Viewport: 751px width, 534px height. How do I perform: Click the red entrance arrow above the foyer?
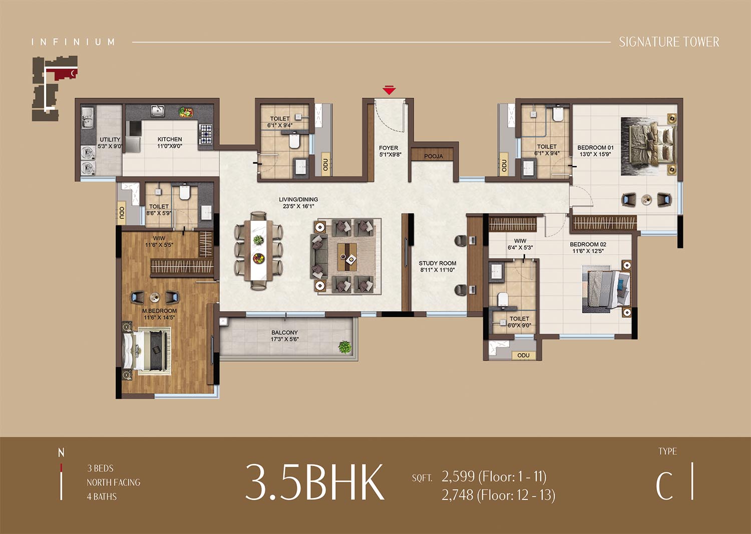pos(389,90)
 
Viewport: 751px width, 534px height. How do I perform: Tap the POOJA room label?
pos(434,156)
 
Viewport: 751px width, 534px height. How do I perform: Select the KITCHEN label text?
pos(170,139)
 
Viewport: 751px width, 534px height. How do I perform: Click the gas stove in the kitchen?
pos(205,132)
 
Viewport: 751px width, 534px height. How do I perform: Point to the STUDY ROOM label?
pos(437,263)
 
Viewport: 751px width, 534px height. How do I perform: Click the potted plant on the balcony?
pos(344,347)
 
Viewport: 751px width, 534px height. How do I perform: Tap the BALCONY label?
pos(284,333)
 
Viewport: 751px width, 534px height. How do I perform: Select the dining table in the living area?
pos(258,250)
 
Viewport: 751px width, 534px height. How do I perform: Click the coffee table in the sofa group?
pos(346,256)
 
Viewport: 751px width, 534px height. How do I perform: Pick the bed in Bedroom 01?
pos(647,146)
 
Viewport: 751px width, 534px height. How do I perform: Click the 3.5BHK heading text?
pos(315,482)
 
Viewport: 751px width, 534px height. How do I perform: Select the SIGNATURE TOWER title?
pos(669,42)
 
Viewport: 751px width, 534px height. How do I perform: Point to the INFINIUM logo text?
pos(73,42)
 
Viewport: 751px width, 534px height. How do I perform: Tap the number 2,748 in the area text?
pos(457,495)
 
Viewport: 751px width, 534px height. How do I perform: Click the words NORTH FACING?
pos(113,482)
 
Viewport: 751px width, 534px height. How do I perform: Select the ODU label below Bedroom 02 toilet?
pos(523,355)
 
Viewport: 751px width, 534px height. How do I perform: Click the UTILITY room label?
pos(110,140)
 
